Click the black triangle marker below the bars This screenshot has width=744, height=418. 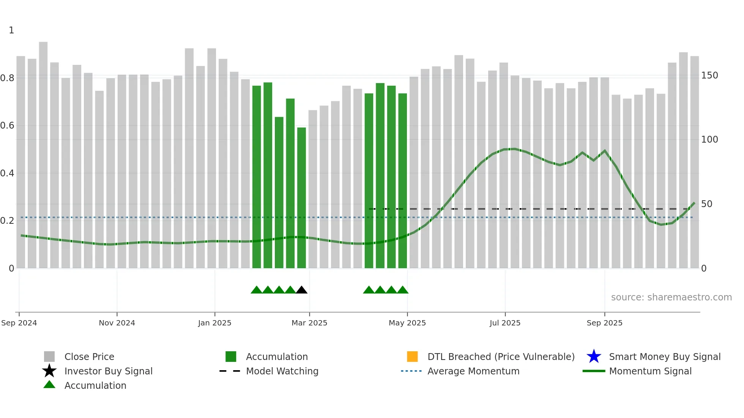301,290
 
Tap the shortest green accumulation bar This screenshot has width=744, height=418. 301,198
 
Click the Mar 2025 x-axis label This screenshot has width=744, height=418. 309,323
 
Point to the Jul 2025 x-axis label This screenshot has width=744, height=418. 505,323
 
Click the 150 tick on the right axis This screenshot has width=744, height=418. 709,75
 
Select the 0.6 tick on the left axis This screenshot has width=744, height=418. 7,126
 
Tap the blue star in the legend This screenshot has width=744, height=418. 594,357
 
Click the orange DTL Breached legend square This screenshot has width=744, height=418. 412,357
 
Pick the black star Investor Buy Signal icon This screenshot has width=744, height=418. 49,371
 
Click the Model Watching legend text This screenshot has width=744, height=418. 282,371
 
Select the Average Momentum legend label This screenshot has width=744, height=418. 473,371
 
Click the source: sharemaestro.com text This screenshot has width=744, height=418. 671,297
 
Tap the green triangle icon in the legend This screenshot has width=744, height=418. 49,385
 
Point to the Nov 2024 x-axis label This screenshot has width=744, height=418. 117,323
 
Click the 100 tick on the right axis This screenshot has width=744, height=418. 709,140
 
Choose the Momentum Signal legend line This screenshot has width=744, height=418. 594,371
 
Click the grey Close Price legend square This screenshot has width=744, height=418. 49,357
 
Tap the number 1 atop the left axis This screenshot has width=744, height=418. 11,30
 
